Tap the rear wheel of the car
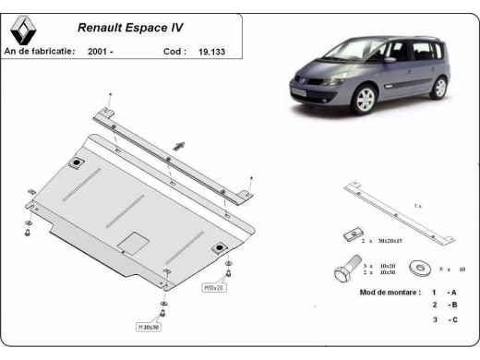(x=438, y=88)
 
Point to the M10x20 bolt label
(x=213, y=287)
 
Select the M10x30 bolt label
(x=150, y=327)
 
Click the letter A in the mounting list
(x=454, y=292)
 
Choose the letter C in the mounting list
(x=454, y=319)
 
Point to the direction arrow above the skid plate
(x=178, y=145)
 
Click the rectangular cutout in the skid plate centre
(x=135, y=242)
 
